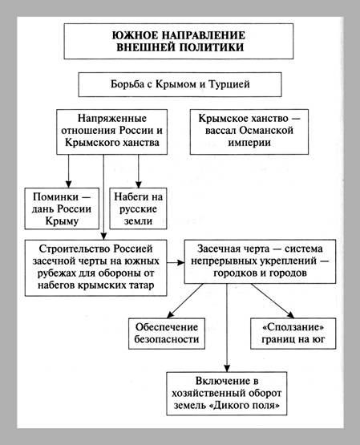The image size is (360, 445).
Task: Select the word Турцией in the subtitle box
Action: click(x=229, y=84)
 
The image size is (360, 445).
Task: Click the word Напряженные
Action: click(x=112, y=118)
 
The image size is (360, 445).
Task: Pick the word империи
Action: click(x=249, y=143)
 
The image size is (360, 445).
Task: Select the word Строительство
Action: click(x=74, y=249)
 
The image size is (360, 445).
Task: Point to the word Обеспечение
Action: click(x=167, y=327)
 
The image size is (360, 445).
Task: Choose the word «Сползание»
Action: click(x=293, y=327)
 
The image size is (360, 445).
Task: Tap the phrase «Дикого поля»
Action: click(x=245, y=405)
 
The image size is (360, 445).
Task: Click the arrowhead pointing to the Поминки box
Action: click(x=68, y=184)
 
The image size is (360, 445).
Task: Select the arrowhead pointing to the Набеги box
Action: click(x=139, y=184)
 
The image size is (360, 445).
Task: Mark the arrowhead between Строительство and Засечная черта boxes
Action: click(x=180, y=262)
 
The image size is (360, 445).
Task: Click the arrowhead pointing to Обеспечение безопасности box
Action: click(x=170, y=315)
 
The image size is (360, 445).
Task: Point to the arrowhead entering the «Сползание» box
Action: click(x=290, y=315)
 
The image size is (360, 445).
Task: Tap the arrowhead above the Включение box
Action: click(x=227, y=368)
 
